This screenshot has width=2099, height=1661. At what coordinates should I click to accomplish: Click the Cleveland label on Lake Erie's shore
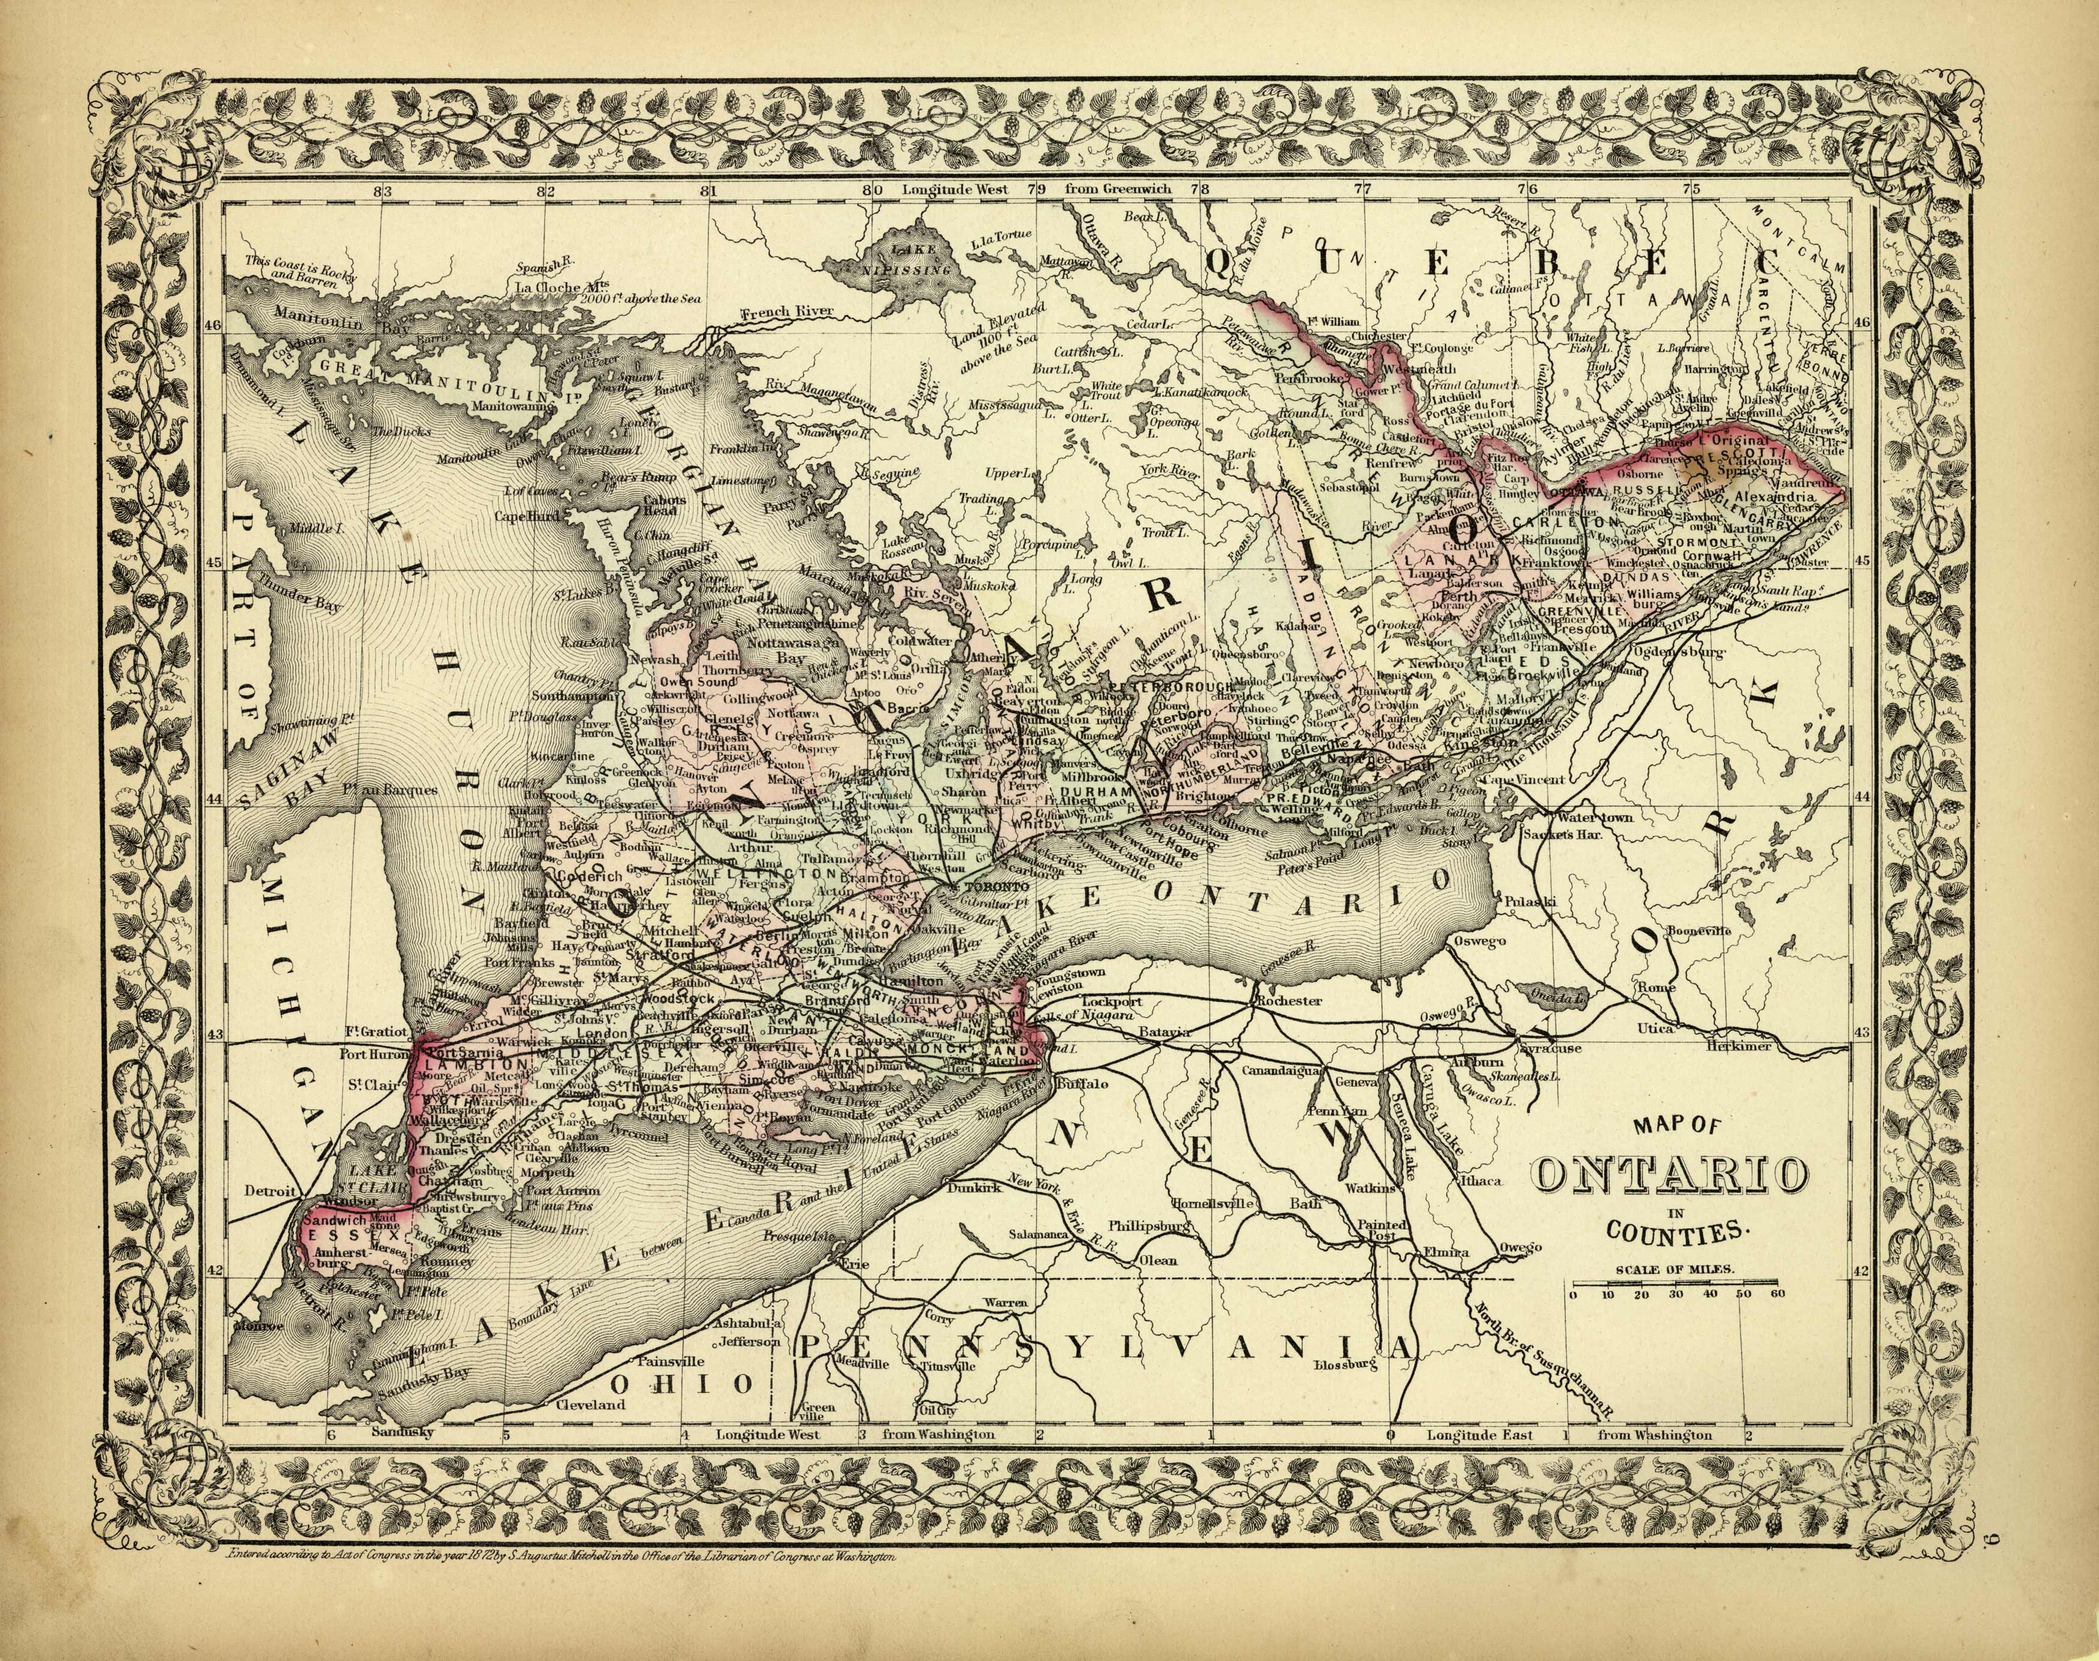tap(590, 1404)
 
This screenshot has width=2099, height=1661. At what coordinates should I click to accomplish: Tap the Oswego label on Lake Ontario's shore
tap(1480, 941)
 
